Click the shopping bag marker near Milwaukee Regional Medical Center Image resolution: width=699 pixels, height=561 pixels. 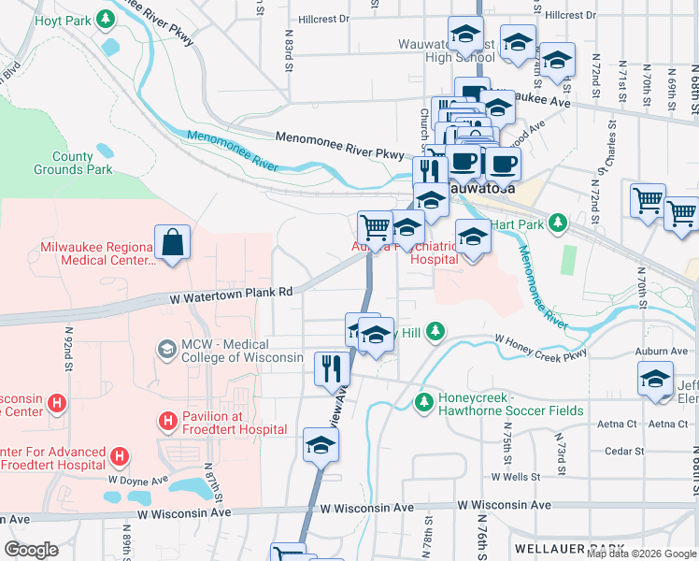(173, 243)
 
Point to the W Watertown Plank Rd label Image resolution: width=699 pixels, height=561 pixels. (231, 292)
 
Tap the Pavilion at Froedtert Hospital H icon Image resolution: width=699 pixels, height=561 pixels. (167, 423)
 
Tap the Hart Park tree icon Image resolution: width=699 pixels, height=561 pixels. (558, 222)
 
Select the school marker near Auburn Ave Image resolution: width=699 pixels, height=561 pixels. (655, 380)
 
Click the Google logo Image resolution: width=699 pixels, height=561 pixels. (31, 550)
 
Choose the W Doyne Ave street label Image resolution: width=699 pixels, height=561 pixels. (137, 480)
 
